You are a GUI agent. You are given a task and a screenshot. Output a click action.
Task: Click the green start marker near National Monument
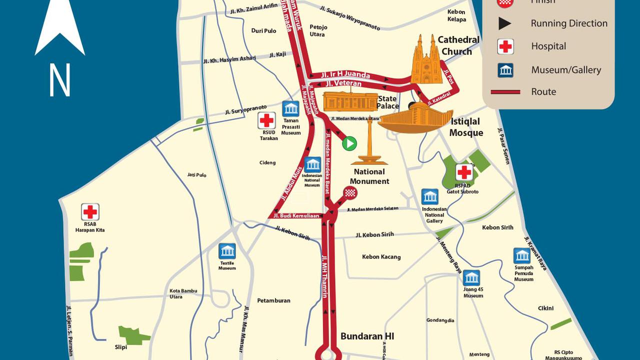point(349,143)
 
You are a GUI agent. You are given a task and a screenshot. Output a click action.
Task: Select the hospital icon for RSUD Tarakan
point(266,120)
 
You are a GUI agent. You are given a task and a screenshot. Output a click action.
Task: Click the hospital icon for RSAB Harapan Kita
point(90,212)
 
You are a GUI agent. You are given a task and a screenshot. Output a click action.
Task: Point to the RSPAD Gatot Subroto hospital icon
point(464,172)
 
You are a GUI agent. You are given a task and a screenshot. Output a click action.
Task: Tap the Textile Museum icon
point(227,251)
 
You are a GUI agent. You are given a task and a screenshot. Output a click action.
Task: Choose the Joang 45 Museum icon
point(471,278)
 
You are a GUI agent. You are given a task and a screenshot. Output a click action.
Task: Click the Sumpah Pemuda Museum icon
point(522,256)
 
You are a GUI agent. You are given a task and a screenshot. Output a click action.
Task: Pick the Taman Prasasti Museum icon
point(290,108)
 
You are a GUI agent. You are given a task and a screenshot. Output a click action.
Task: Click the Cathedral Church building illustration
point(427,60)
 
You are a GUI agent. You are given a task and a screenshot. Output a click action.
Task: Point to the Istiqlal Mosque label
point(466,127)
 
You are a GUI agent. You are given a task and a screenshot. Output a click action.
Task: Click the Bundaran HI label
point(367,336)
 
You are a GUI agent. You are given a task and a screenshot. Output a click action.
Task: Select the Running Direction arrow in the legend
point(505,23)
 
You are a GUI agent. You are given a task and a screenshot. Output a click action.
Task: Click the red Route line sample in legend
point(505,92)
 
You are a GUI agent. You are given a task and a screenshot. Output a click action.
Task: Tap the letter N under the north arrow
point(59,80)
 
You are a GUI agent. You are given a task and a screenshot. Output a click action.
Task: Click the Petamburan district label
point(273,301)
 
